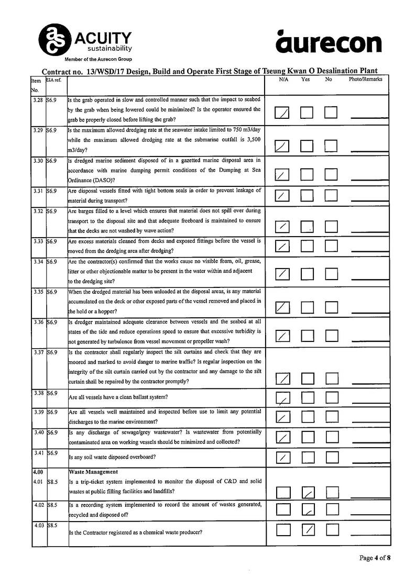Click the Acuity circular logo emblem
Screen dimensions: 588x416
tap(54, 39)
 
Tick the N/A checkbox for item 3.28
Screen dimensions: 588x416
tap(282, 113)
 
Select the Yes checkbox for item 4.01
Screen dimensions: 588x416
tap(309, 492)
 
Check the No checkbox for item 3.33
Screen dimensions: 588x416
tap(331, 246)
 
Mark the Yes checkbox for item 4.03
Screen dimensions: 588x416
tap(309, 530)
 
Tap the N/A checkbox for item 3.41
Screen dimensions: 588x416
tap(282, 458)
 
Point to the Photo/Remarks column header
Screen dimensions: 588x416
tap(365, 80)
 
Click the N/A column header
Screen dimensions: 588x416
tap(283, 80)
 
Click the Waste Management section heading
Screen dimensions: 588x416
tap(93, 472)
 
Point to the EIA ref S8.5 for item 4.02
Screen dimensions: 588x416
tap(51, 504)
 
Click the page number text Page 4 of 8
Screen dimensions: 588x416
tap(375, 558)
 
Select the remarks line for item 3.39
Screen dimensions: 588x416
tap(370, 421)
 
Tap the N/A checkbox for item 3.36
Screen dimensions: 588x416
tap(282, 335)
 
